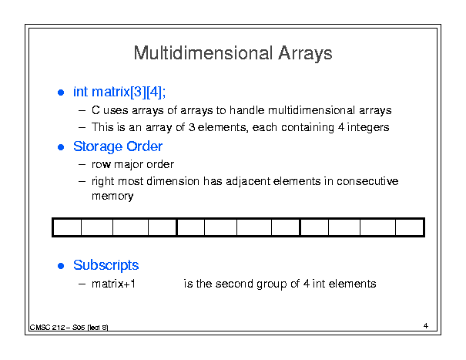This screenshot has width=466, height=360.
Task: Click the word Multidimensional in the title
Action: pyautogui.click(x=203, y=53)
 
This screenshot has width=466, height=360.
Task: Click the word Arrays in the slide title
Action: pyautogui.click(x=305, y=54)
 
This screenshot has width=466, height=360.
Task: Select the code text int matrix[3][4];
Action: pyautogui.click(x=119, y=92)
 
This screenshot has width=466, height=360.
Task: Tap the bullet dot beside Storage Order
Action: pyautogui.click(x=61, y=147)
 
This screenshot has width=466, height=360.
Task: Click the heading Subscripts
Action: pyautogui.click(x=106, y=265)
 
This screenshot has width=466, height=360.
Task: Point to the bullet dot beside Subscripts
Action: pyautogui.click(x=61, y=266)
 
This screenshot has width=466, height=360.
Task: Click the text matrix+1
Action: pyautogui.click(x=113, y=284)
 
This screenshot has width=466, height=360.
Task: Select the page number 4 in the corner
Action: pyautogui.click(x=426, y=326)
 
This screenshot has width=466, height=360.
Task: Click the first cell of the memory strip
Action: pyautogui.click(x=67, y=227)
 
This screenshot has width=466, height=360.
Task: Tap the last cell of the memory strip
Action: pyautogui.click(x=409, y=227)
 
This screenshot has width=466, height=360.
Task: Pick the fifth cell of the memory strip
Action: pyautogui.click(x=191, y=227)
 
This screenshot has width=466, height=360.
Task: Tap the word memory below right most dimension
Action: pyautogui.click(x=112, y=197)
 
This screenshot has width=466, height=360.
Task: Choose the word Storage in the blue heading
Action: pyautogui.click(x=98, y=147)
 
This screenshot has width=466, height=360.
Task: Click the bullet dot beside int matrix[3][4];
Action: pyautogui.click(x=61, y=93)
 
